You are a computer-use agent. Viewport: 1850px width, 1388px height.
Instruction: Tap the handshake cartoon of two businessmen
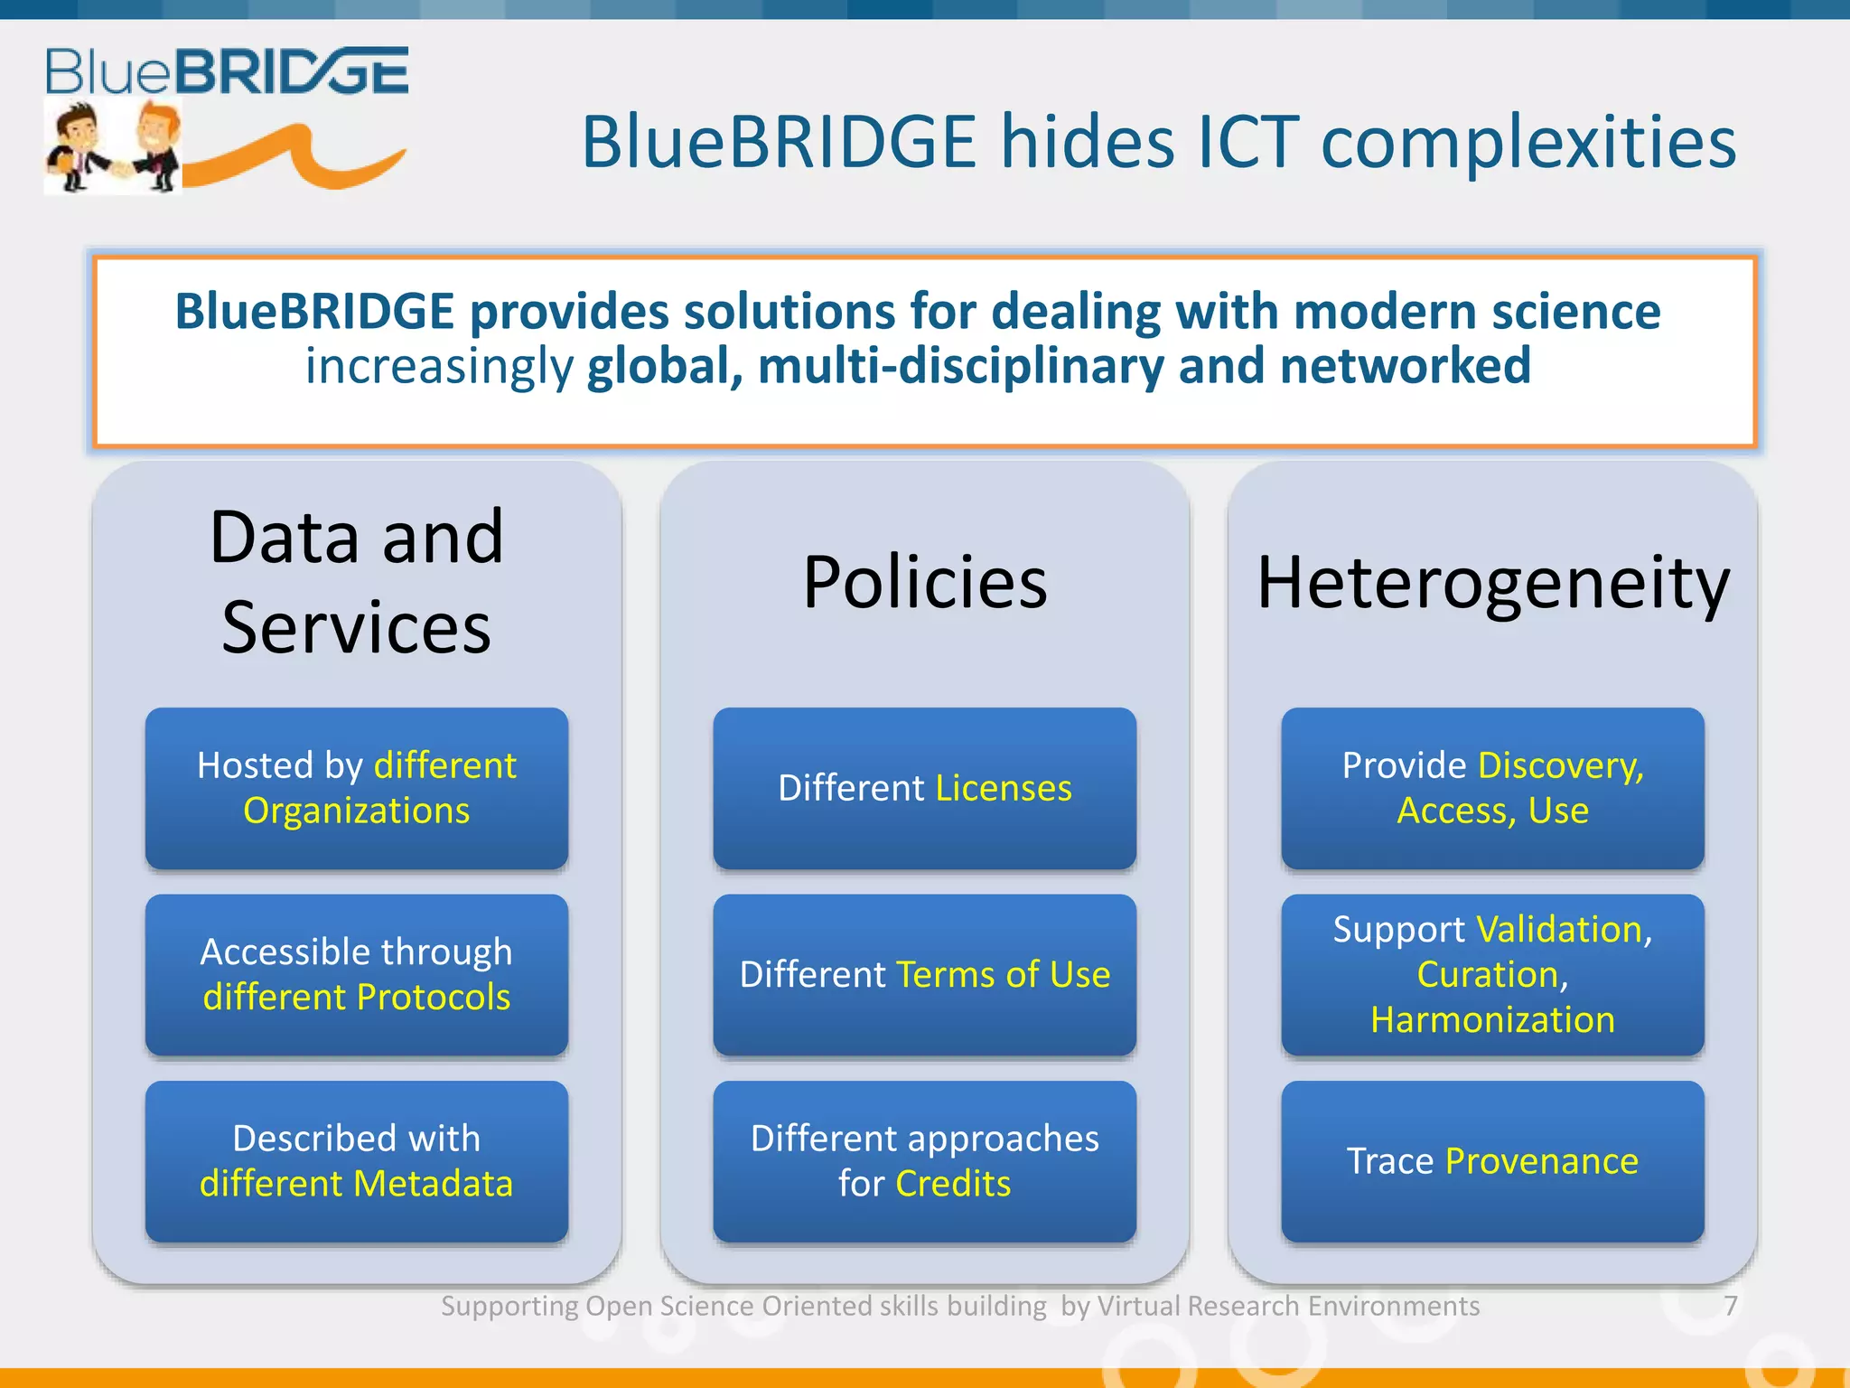point(113,148)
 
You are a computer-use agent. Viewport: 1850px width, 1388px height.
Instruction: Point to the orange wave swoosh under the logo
point(298,159)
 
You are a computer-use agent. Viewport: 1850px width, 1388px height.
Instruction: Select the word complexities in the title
point(1528,142)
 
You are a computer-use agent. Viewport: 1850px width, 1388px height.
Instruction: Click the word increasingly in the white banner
point(439,367)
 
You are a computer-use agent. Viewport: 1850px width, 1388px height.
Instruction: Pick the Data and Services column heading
point(357,582)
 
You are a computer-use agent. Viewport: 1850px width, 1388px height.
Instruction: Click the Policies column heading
point(924,582)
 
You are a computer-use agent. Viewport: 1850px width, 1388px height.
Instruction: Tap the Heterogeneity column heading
point(1492,584)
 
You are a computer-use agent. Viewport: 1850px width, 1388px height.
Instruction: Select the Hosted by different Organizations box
point(357,788)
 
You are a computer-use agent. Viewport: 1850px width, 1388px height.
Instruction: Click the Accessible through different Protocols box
point(357,974)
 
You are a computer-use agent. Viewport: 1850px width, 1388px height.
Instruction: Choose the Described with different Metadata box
point(357,1160)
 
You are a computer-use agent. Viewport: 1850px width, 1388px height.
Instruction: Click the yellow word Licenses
point(1004,788)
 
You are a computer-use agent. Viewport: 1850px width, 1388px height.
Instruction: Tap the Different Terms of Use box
point(924,974)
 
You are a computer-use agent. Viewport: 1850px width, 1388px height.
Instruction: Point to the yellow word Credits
point(953,1184)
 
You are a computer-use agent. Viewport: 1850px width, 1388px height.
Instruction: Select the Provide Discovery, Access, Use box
point(1492,788)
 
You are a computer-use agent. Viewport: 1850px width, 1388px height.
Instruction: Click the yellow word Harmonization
point(1492,1020)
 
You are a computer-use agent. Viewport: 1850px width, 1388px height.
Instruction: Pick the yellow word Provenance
point(1541,1161)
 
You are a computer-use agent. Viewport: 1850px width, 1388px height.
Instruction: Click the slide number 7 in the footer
point(1730,1306)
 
